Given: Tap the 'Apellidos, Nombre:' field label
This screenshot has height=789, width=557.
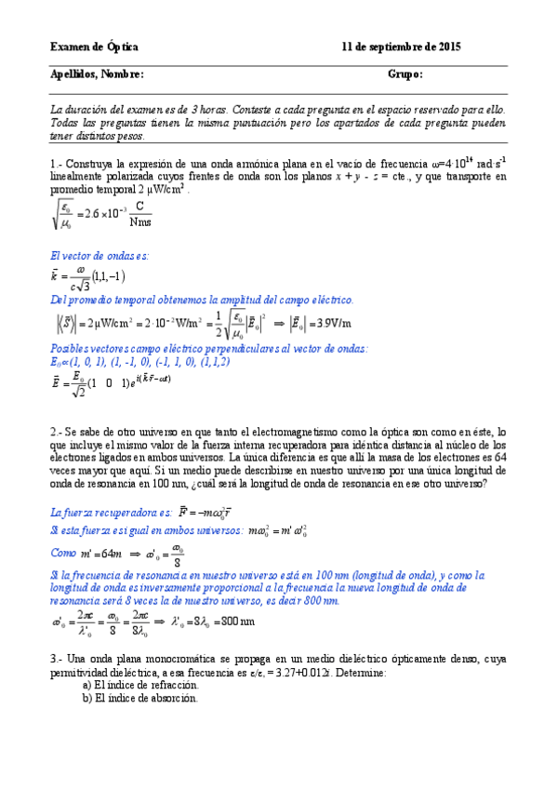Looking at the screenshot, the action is click(x=97, y=75).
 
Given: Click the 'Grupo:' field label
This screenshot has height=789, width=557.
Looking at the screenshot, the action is click(x=405, y=75).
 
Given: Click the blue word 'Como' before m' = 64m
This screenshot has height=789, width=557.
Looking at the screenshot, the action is click(x=64, y=552).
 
